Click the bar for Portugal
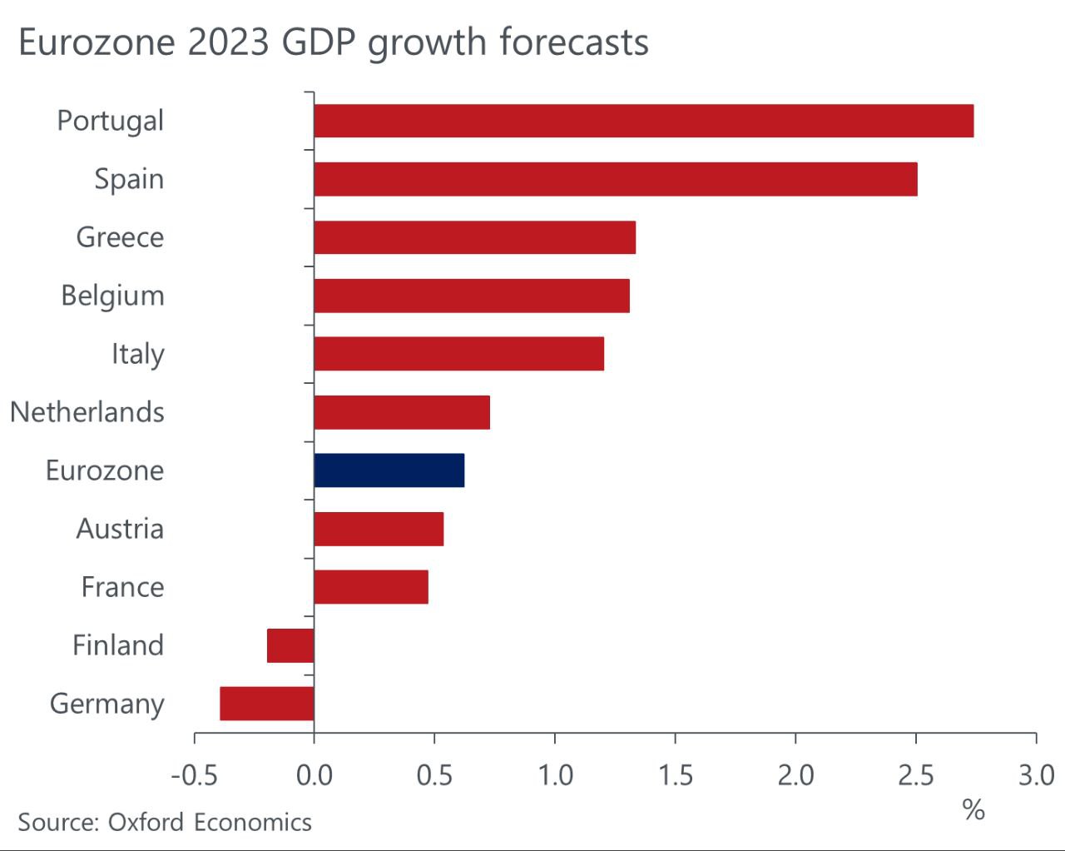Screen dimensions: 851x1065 [643, 121]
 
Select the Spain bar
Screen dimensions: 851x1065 [616, 179]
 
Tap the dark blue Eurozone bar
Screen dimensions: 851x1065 [389, 470]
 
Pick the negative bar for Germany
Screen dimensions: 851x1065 [267, 704]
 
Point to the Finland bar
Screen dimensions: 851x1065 [290, 645]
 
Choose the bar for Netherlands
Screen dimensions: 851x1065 [402, 412]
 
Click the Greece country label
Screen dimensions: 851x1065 [120, 237]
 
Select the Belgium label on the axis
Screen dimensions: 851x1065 [112, 296]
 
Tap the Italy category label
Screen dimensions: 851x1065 [138, 354]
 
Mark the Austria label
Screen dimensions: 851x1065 [120, 529]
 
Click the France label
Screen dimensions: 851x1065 [122, 587]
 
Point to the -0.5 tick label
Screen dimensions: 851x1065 [194, 775]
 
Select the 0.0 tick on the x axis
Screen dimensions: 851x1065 [315, 775]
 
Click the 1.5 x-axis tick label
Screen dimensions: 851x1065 [675, 775]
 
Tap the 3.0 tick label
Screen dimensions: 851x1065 [1036, 775]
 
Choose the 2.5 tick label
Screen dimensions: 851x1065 [915, 775]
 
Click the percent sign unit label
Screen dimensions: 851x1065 [973, 809]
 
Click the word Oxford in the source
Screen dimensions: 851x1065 [146, 823]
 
